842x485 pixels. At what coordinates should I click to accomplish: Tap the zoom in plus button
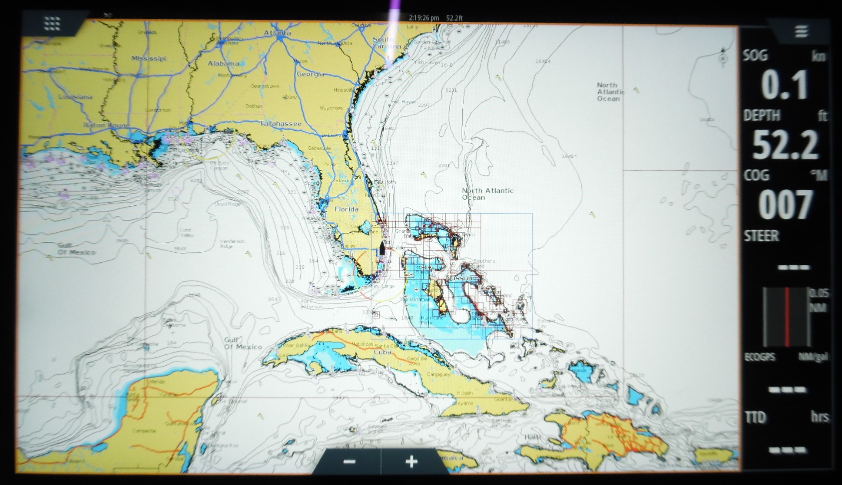pyautogui.click(x=411, y=462)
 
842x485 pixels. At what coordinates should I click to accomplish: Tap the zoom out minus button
pyautogui.click(x=349, y=462)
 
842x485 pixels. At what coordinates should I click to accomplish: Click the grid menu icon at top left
pyautogui.click(x=52, y=23)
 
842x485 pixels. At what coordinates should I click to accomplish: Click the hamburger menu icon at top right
pyautogui.click(x=801, y=32)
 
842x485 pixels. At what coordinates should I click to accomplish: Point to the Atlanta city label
pyautogui.click(x=278, y=33)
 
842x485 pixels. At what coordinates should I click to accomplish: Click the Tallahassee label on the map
pyautogui.click(x=281, y=124)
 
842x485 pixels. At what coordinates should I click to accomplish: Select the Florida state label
pyautogui.click(x=346, y=209)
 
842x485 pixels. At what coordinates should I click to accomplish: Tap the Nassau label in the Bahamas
pyautogui.click(x=459, y=277)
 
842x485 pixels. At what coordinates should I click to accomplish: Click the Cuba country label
pyautogui.click(x=383, y=352)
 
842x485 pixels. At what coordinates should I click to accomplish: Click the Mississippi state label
pyautogui.click(x=149, y=58)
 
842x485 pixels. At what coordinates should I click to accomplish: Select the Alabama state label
pyautogui.click(x=223, y=63)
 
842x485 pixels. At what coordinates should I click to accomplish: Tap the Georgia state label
pyautogui.click(x=310, y=74)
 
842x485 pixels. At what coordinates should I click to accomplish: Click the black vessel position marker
pyautogui.click(x=382, y=248)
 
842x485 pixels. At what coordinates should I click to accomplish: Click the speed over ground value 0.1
pyautogui.click(x=784, y=85)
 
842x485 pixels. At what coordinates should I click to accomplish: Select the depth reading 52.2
pyautogui.click(x=785, y=145)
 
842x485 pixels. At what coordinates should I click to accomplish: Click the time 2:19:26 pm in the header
pyautogui.click(x=424, y=18)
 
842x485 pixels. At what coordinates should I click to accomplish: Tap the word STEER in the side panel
pyautogui.click(x=762, y=236)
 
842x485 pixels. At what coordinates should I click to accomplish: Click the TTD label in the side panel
pyautogui.click(x=755, y=417)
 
